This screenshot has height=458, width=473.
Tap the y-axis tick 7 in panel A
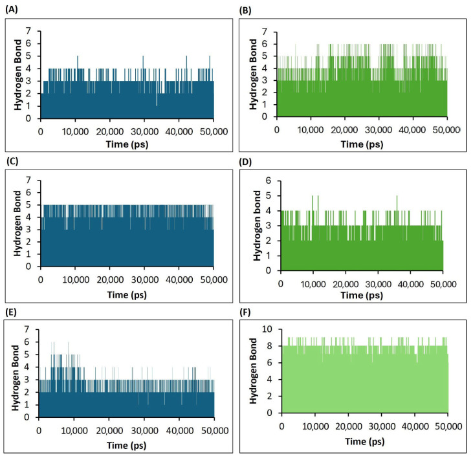[x=30, y=32]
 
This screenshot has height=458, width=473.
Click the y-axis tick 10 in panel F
[x=270, y=329]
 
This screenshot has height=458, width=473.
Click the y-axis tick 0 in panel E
[x=28, y=417]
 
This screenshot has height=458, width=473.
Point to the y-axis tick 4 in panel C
[x=30, y=217]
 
